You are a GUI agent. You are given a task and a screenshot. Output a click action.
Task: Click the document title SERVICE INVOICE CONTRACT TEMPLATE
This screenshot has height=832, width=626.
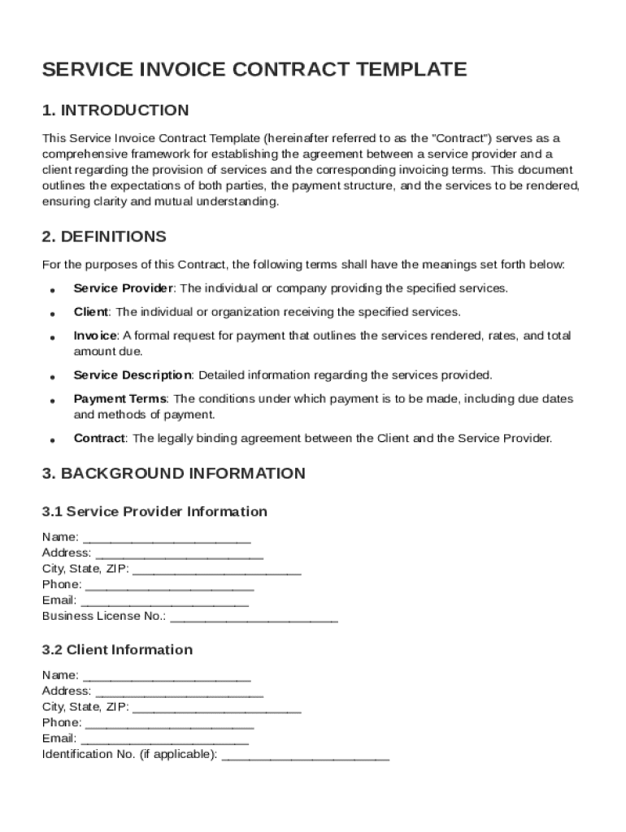click(x=254, y=70)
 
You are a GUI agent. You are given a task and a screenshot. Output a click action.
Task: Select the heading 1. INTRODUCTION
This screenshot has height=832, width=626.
click(x=115, y=110)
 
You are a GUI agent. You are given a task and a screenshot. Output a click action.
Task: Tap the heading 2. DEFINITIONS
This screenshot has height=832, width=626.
click(x=104, y=237)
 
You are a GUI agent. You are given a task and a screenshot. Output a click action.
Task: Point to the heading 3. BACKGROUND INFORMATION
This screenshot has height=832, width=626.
click(x=173, y=474)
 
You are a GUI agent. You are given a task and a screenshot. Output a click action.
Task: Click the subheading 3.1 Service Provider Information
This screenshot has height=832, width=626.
click(x=154, y=512)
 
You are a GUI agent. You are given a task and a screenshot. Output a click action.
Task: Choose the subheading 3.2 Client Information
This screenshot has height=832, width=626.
click(x=117, y=650)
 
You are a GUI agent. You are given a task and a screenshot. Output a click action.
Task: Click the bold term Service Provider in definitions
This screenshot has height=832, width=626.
click(x=124, y=288)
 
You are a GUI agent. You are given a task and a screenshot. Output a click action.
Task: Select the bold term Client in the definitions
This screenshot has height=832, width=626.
click(x=90, y=312)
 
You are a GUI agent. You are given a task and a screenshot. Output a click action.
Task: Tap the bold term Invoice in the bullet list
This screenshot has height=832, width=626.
click(x=96, y=336)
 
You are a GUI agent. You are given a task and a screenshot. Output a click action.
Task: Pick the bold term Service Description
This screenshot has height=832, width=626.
click(x=133, y=375)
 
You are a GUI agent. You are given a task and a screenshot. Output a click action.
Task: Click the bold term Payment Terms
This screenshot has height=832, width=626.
click(x=120, y=399)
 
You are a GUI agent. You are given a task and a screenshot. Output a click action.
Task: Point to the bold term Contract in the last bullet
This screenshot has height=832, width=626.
click(x=99, y=439)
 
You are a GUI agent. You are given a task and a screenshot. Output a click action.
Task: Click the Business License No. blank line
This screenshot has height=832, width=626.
click(x=254, y=617)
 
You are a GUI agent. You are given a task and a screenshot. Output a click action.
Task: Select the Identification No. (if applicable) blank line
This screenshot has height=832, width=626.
click(x=306, y=756)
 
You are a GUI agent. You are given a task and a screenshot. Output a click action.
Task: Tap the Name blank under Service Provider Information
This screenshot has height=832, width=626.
click(x=167, y=538)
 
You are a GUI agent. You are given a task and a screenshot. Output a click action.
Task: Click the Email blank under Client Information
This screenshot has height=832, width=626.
click(x=165, y=739)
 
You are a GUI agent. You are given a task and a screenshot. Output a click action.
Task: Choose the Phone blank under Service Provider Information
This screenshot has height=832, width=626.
click(x=169, y=586)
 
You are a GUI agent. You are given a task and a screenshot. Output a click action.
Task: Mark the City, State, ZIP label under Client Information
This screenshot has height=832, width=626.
click(x=85, y=707)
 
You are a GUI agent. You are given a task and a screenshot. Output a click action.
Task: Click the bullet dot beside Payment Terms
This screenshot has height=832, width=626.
click(x=52, y=401)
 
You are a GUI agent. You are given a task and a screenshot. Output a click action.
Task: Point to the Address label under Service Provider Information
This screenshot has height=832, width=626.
click(x=67, y=553)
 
